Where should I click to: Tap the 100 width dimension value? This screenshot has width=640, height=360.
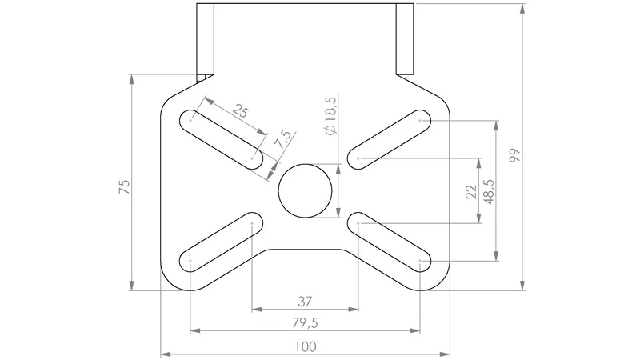tap(306, 347)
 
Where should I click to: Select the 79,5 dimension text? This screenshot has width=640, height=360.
tap(305, 323)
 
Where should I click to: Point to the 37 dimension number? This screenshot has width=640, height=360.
tap(305, 302)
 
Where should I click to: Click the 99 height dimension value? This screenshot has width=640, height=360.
tap(515, 155)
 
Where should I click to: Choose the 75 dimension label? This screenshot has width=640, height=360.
tap(125, 186)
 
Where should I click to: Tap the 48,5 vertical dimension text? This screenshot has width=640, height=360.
tap(489, 192)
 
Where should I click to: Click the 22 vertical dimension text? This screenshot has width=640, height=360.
tap(471, 191)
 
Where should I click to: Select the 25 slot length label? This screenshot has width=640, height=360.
tap(240, 110)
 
